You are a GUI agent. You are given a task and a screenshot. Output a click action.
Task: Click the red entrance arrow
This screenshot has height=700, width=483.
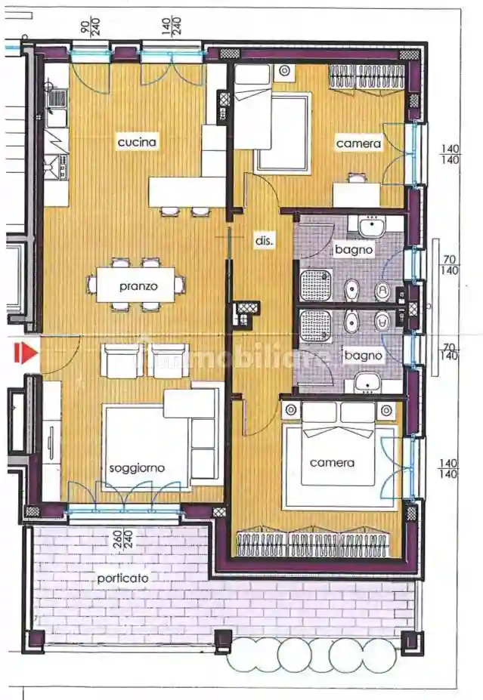tap(27, 353)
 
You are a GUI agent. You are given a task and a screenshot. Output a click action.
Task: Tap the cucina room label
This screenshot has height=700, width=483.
tap(136, 141)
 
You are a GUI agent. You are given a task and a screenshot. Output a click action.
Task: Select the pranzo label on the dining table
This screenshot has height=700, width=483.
tap(138, 286)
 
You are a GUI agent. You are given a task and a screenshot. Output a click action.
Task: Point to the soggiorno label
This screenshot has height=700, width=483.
tap(137, 468)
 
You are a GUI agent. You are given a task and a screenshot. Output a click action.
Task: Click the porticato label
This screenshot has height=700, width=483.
tap(122, 578)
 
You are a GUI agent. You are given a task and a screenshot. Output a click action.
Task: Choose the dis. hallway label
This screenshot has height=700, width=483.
tap(263, 241)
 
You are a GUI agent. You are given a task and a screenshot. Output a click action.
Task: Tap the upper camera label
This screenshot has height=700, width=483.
tap(359, 143)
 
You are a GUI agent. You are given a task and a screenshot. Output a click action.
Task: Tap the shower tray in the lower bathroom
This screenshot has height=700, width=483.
tap(314, 325)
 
